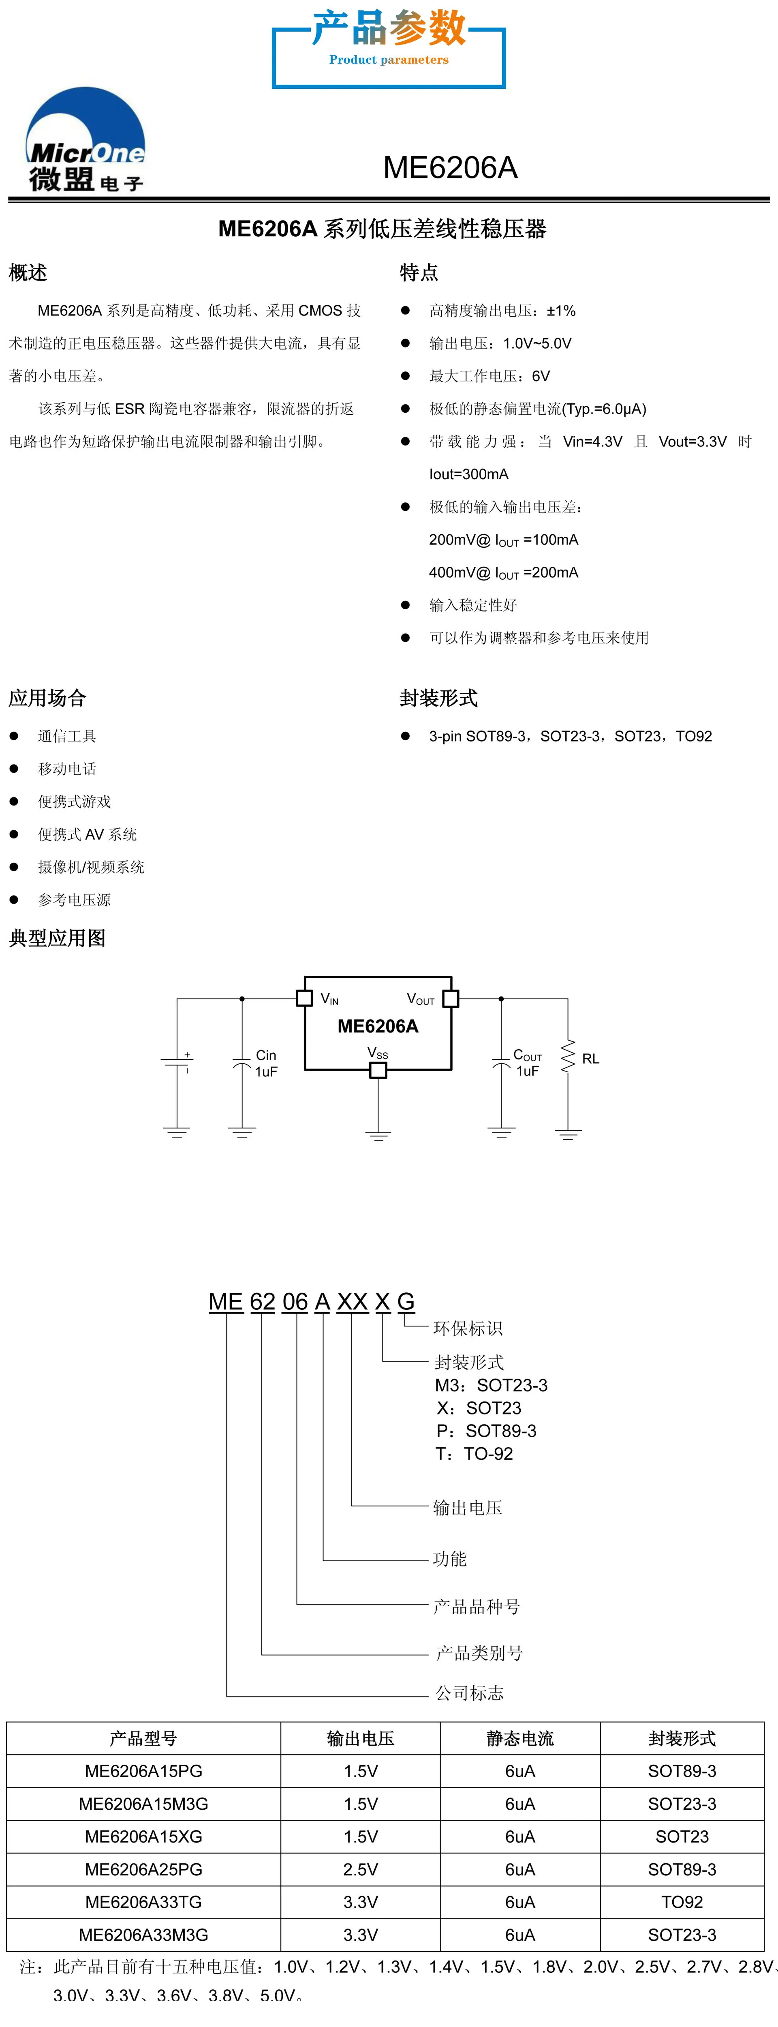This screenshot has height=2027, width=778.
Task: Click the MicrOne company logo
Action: tap(86, 139)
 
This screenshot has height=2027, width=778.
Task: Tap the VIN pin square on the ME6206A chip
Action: tap(304, 998)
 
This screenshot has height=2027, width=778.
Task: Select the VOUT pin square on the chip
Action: tap(451, 998)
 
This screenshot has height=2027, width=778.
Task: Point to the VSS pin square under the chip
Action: tap(378, 1070)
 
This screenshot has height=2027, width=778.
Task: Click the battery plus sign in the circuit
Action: tap(187, 1054)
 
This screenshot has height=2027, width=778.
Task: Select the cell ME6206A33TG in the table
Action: tap(143, 1902)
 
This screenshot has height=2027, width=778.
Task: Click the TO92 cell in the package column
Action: tap(682, 1902)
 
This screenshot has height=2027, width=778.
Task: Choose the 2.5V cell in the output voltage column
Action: tap(361, 1869)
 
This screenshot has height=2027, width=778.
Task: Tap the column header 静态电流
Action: tap(520, 1738)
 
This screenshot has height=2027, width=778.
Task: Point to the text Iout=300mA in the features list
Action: tap(469, 474)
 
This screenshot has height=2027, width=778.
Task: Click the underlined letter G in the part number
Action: tap(406, 1301)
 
